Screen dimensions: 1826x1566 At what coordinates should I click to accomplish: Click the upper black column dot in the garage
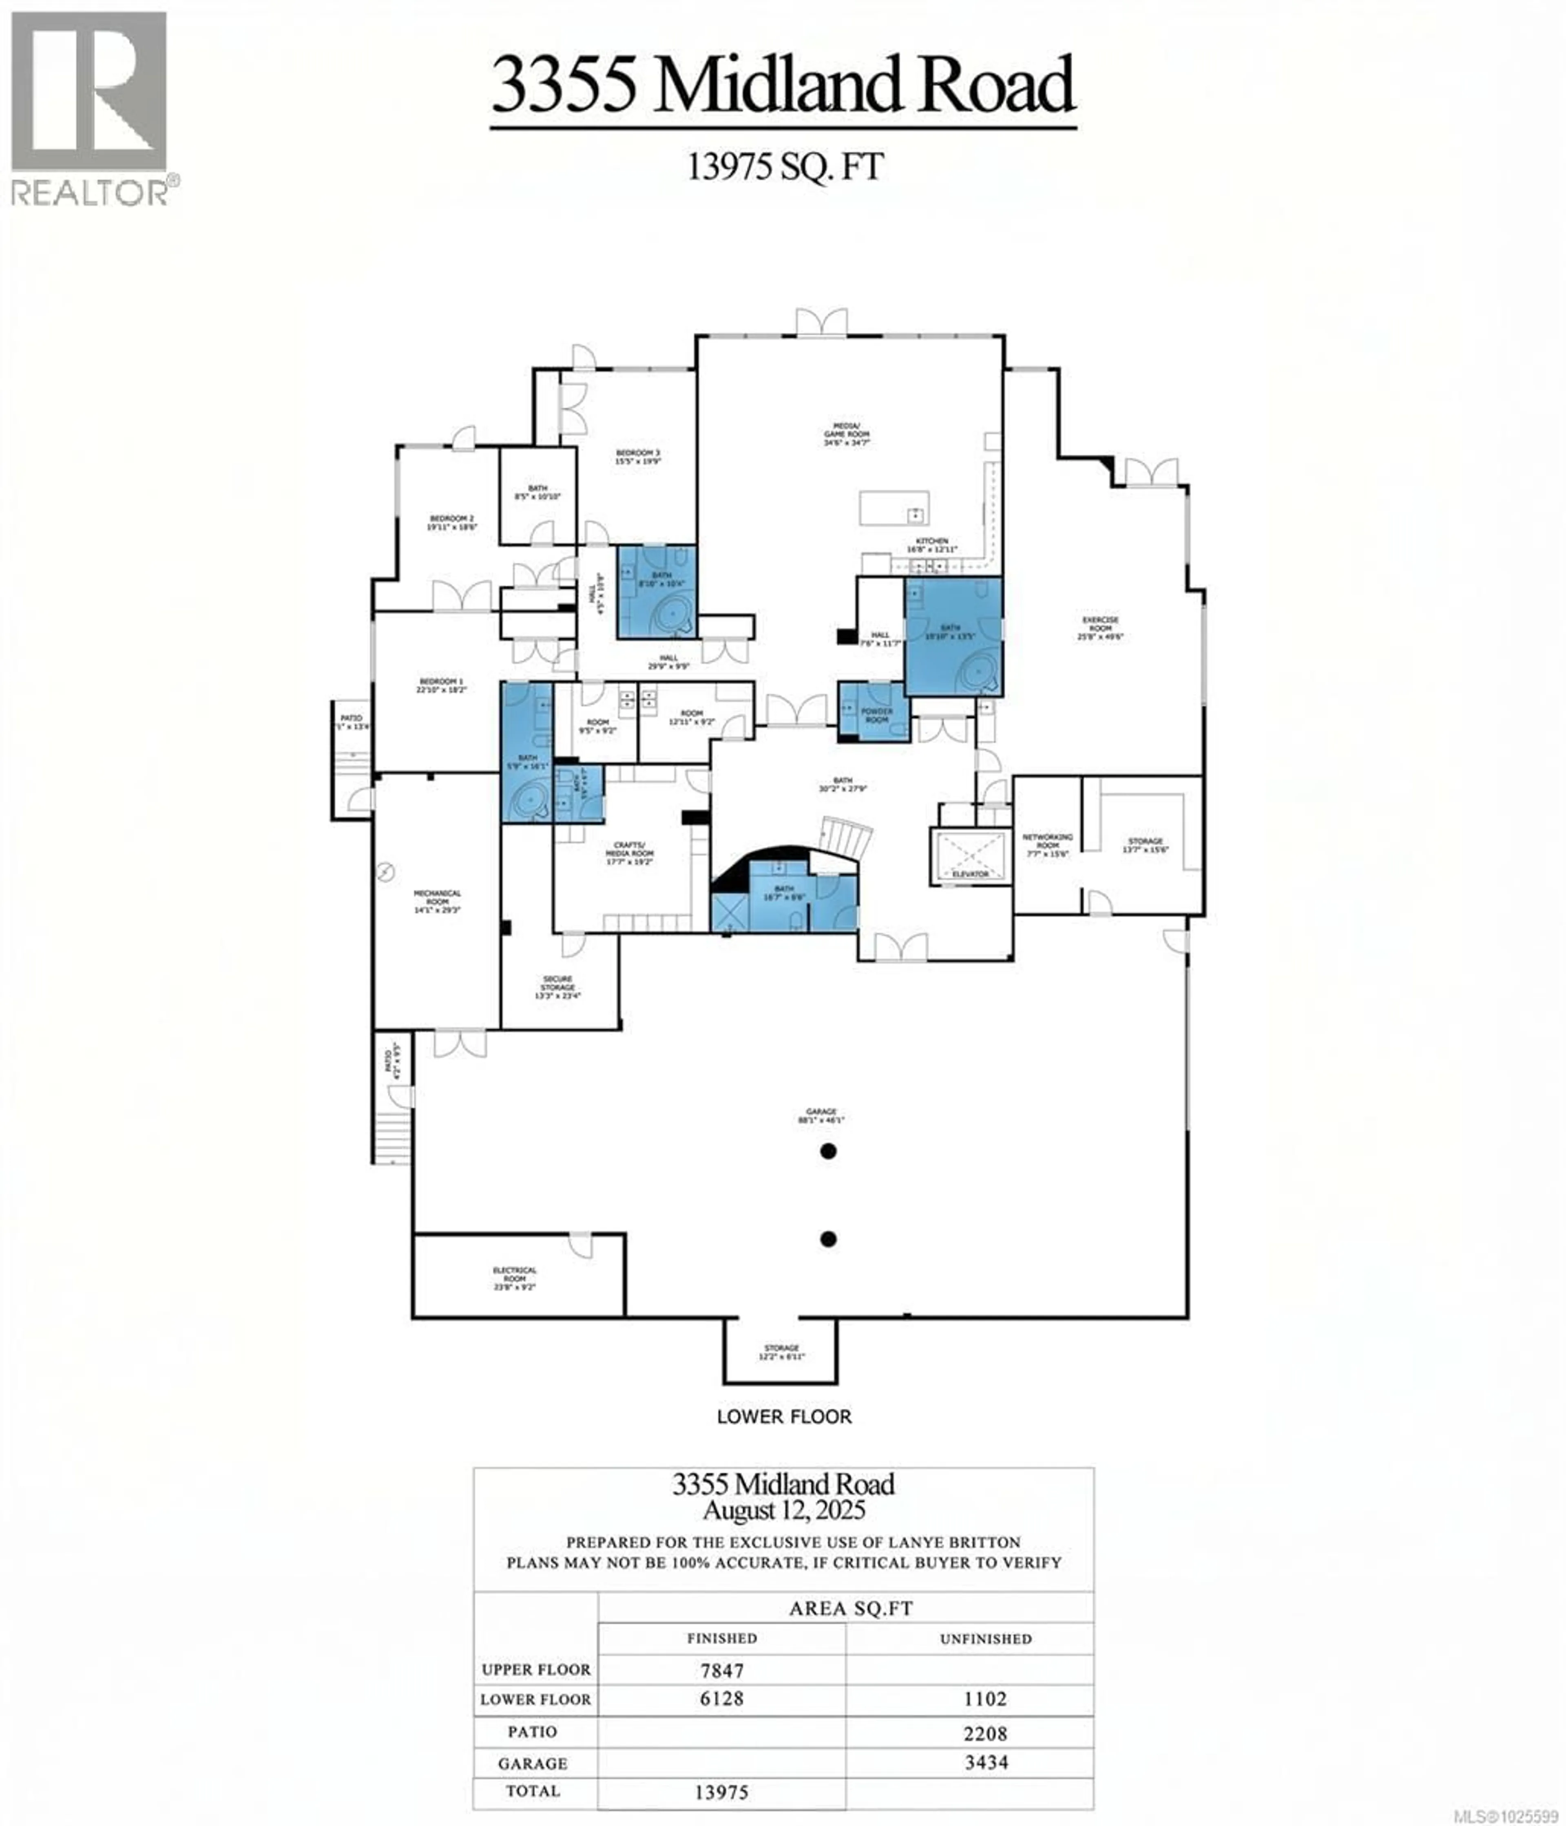pos(827,1151)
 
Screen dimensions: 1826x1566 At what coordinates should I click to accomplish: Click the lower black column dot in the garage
pos(827,1239)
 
